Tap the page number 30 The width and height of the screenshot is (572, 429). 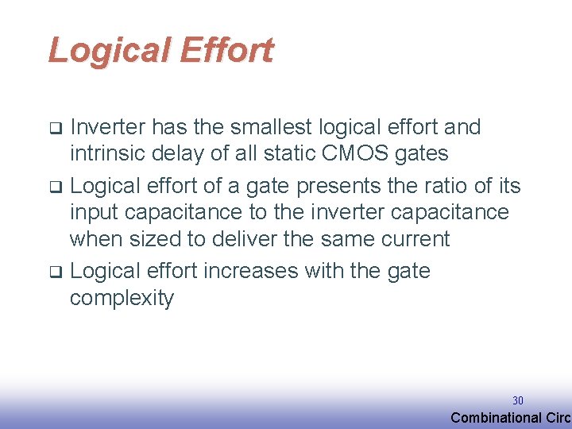[x=518, y=400]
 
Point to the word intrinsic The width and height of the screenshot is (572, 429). [x=106, y=153]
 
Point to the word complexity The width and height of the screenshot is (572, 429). [x=122, y=299]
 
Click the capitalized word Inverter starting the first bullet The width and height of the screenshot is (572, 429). [x=107, y=127]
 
